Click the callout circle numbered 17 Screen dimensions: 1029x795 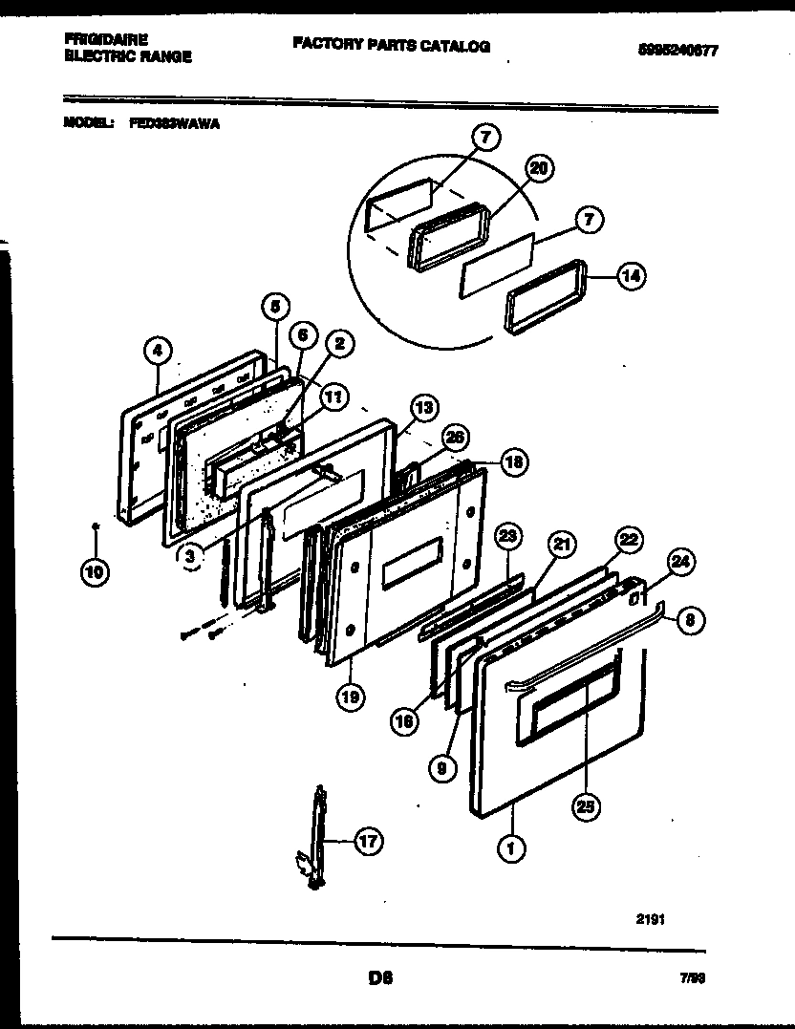pos(368,842)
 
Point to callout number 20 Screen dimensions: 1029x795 pos(539,169)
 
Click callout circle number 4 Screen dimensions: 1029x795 pos(159,353)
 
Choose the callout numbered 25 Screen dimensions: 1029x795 pos(585,806)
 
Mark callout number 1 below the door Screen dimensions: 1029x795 pos(511,847)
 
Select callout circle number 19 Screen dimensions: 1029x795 pos(351,697)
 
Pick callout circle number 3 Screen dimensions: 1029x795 pos(191,553)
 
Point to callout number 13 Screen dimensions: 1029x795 pos(424,407)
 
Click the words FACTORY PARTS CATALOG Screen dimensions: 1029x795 pos(391,46)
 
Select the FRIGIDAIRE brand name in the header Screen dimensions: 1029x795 pos(105,39)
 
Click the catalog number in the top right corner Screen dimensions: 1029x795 pos(676,52)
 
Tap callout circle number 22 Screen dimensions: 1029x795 pos(628,539)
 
